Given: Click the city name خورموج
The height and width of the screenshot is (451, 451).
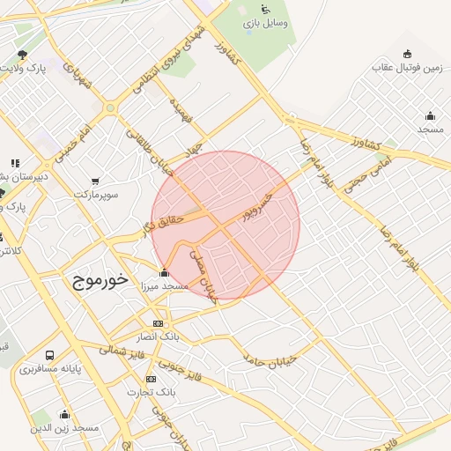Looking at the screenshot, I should point(96,280).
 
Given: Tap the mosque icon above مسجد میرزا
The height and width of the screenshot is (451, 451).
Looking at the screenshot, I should point(164,273).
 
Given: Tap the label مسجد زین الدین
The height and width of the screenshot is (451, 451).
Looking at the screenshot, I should point(64,427).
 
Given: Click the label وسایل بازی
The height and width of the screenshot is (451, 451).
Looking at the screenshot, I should point(266,22).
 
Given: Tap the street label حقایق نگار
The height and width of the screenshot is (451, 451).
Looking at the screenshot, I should point(159,220).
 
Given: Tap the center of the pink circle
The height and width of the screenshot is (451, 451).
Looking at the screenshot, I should point(225,225).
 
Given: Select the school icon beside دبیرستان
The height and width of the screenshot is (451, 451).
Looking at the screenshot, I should point(14,163).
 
